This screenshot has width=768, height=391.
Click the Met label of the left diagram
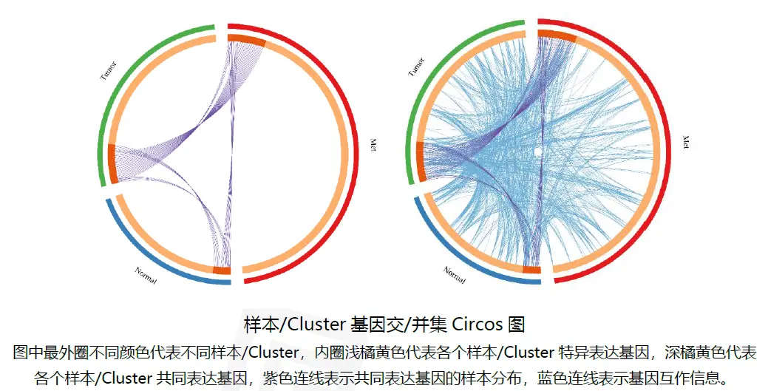click(374, 143)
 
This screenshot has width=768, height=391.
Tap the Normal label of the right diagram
click(455, 274)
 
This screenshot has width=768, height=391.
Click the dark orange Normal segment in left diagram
click(222, 270)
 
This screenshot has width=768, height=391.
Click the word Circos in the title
click(479, 323)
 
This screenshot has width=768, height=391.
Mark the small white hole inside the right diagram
click(540, 151)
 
